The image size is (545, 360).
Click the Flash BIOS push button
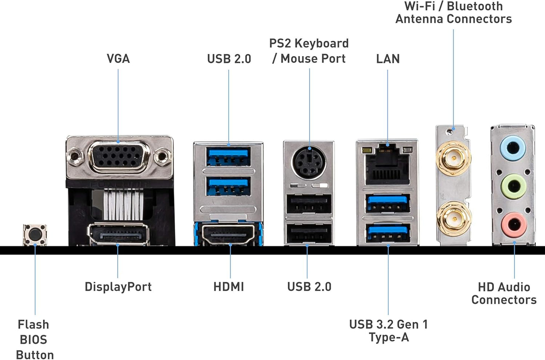tap(35, 235)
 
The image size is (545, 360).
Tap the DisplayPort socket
tap(118, 234)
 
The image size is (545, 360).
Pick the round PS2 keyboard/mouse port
tap(309, 162)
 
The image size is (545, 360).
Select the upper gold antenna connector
tap(453, 157)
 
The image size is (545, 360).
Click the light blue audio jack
tap(513, 148)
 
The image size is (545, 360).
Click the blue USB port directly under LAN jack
tap(388, 204)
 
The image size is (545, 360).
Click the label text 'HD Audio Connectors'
tap(504, 293)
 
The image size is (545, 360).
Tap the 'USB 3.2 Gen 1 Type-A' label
tap(388, 331)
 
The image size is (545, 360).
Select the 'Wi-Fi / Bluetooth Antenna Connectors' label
tap(453, 12)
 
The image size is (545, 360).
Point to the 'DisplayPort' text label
tap(118, 286)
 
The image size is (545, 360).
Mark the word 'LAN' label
tap(388, 59)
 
